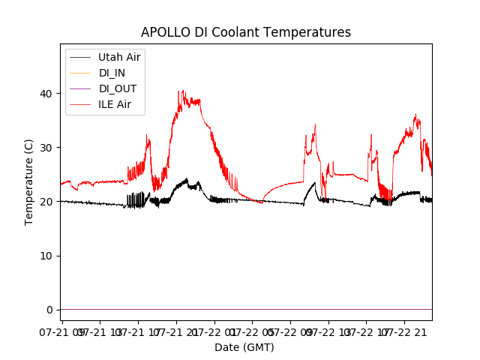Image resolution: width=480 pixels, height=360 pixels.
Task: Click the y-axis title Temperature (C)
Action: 30,182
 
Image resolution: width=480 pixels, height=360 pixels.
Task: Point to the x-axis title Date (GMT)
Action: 244,347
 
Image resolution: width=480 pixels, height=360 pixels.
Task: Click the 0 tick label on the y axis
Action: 51,310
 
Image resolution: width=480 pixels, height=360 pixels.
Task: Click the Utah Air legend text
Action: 119,57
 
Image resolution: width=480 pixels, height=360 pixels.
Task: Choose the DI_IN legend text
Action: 112,73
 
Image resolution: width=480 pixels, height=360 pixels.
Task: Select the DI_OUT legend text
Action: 117,88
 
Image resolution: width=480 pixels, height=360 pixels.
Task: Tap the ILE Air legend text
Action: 115,104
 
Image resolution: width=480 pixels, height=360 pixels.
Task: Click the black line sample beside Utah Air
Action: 80,57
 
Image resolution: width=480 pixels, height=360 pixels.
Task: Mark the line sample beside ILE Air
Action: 80,104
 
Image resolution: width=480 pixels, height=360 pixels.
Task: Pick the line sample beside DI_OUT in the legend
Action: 80,88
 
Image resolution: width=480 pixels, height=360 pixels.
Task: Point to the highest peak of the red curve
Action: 179,91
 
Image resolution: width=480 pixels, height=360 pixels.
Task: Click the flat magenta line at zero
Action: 247,309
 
